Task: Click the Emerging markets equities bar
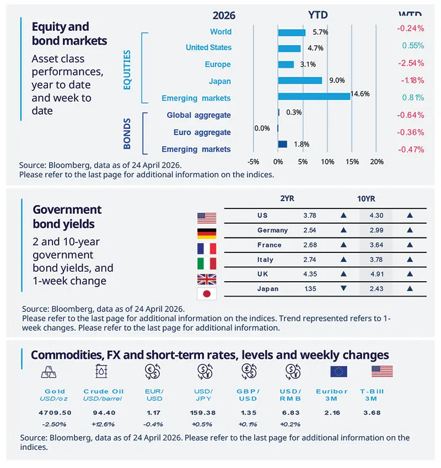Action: pos(314,96)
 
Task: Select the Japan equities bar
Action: pos(300,80)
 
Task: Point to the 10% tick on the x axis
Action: pos(327,162)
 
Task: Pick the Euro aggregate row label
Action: pos(202,132)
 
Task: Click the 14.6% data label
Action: pos(359,94)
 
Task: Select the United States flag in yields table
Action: pos(207,217)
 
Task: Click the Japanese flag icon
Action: pos(207,294)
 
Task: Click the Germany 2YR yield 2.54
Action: pos(310,230)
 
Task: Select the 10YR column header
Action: pos(367,199)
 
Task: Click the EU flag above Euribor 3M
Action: pos(338,372)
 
